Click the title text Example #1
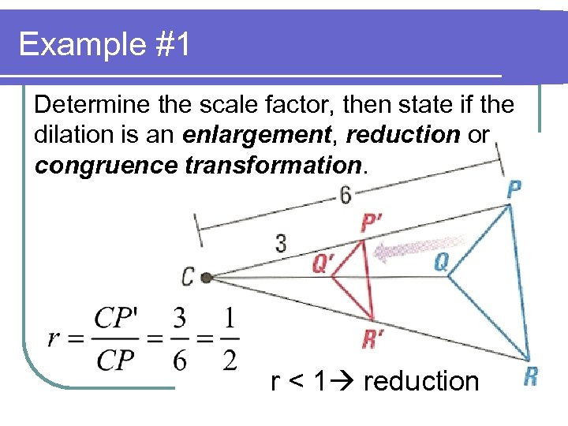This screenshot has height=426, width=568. [104, 44]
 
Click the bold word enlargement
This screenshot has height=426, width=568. [254, 135]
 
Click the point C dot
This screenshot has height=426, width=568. [207, 278]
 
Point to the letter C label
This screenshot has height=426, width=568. [188, 277]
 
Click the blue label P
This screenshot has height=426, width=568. [514, 189]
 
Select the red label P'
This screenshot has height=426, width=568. [372, 224]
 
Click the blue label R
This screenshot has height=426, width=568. [530, 376]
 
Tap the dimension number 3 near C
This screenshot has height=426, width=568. [281, 242]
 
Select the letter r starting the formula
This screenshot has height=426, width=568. [54, 339]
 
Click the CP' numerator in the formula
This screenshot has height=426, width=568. [116, 319]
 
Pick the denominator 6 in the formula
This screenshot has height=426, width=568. [179, 360]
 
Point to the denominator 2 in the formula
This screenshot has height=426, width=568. [229, 360]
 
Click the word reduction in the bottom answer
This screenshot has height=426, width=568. [421, 382]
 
